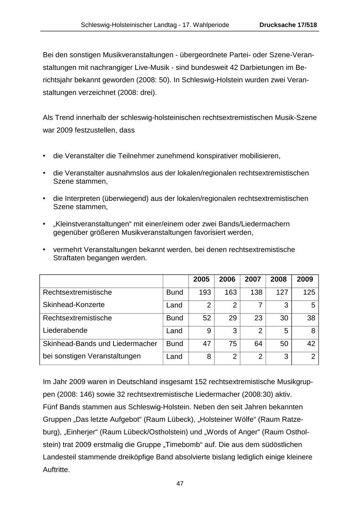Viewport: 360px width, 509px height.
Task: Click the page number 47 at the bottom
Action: pos(180,483)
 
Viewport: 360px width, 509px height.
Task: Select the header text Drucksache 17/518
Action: pos(288,25)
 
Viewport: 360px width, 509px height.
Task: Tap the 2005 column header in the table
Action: pos(201,279)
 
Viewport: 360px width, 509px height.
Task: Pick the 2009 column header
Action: pos(305,279)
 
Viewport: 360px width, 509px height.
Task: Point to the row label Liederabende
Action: pos(65,331)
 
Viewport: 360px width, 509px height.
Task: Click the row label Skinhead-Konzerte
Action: pos(74,305)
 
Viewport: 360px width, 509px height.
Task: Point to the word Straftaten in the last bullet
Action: pos(68,258)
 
